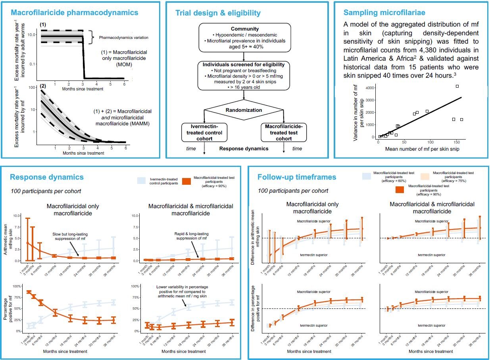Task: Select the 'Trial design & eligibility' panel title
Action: [218, 13]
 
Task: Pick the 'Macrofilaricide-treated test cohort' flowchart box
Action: [284, 132]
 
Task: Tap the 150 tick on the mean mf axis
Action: [457, 142]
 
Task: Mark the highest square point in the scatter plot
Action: [457, 86]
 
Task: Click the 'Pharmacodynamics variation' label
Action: [118, 38]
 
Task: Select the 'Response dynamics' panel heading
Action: [47, 177]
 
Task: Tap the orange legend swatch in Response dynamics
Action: [187, 181]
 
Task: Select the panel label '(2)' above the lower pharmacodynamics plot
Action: [43, 86]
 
